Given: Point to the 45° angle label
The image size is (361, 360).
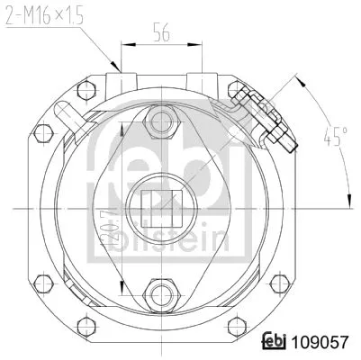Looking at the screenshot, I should coord(336,138).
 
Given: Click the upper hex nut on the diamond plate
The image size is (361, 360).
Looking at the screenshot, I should coord(162,120).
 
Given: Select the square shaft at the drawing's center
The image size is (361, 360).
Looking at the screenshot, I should coord(162,206).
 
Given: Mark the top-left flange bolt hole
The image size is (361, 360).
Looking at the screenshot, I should coord(86,89).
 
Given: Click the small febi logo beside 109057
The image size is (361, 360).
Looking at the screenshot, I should coord(273,343).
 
